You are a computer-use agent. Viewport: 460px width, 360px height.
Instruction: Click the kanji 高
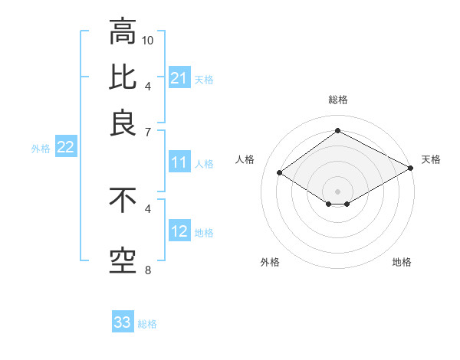pos(122,33)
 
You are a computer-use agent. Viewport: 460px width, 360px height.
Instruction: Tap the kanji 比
pos(122,77)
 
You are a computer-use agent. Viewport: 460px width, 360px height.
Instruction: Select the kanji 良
pos(122,123)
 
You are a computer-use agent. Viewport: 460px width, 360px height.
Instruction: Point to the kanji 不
pos(122,201)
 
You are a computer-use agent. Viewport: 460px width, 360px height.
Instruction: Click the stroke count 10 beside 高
pos(149,40)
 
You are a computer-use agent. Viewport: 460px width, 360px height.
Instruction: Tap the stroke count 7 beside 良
pos(148,132)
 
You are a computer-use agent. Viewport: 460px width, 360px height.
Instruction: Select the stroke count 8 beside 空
pos(148,270)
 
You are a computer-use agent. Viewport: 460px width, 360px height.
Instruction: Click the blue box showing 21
pos(179,78)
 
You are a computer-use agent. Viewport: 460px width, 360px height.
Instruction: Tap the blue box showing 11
pos(179,162)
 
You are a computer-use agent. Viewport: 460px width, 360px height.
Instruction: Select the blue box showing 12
pos(179,231)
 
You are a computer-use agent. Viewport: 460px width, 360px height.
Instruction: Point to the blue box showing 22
pos(65,148)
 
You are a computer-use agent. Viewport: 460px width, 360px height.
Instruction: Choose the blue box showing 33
pos(123,322)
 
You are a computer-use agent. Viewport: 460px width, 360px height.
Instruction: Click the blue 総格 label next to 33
pos(147,324)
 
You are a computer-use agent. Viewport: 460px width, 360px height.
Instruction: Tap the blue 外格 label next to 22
pos(41,149)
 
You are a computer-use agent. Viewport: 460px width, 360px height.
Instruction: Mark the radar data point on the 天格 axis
pos(411,169)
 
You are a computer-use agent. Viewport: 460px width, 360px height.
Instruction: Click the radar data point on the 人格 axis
pos(280,173)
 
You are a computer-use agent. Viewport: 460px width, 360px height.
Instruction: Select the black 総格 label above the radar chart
pos(337,100)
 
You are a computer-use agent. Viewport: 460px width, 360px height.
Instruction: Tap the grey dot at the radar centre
pos(337,191)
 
